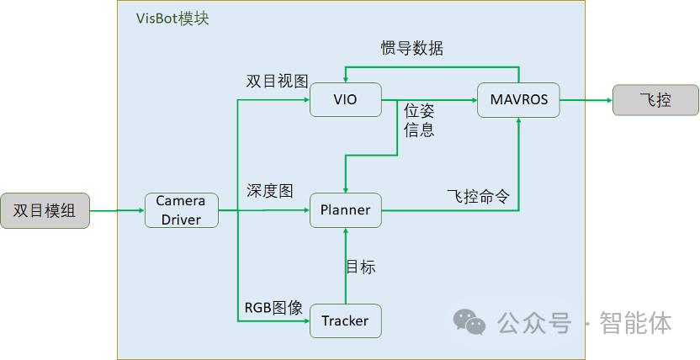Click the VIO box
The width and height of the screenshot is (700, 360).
(346, 99)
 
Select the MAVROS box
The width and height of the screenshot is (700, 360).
(518, 99)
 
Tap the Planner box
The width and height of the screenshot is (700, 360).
(346, 210)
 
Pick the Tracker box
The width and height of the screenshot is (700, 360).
(346, 320)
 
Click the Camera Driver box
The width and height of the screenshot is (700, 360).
(182, 210)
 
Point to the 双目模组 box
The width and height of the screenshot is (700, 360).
(45, 210)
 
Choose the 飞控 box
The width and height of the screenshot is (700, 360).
(655, 100)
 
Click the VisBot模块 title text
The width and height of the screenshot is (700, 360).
(172, 19)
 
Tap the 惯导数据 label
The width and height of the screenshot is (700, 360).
(411, 49)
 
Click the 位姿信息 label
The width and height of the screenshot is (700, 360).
(419, 120)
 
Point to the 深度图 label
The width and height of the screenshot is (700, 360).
(269, 191)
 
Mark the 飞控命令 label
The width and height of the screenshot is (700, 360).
(478, 197)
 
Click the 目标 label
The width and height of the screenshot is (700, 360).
(360, 267)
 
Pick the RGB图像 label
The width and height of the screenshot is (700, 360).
(273, 308)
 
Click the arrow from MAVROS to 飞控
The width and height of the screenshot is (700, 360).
(586, 100)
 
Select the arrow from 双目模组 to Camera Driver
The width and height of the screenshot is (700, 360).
(117, 210)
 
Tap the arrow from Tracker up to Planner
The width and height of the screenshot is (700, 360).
(346, 266)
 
